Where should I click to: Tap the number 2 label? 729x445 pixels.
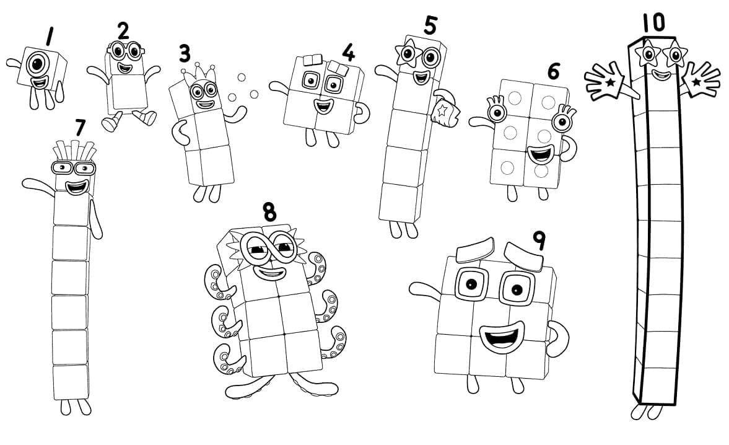click(x=123, y=30)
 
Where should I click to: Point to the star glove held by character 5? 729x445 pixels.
click(x=445, y=110)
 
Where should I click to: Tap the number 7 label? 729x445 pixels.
click(x=79, y=127)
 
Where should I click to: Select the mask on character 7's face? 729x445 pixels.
click(x=74, y=167)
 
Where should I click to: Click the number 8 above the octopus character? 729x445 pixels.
click(x=269, y=211)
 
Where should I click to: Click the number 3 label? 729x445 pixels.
click(x=184, y=53)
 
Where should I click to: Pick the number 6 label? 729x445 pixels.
click(x=553, y=71)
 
